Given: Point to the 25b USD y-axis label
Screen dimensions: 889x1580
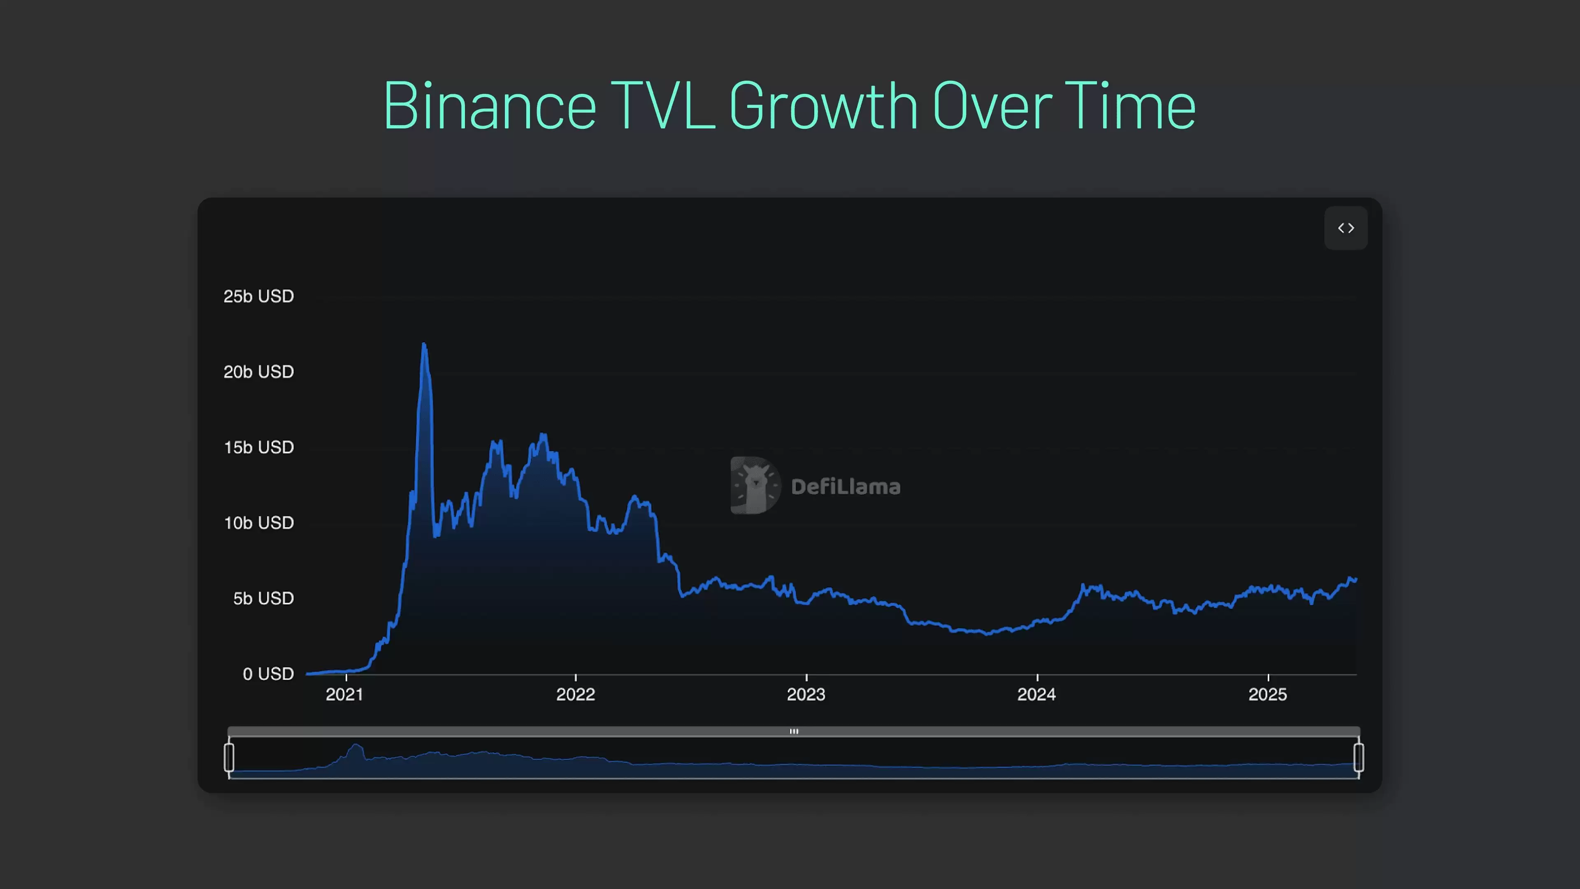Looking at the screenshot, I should [x=258, y=296].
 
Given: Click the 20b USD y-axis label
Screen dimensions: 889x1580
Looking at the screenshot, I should [x=258, y=372].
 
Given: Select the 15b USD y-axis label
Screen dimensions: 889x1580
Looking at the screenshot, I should [x=258, y=447].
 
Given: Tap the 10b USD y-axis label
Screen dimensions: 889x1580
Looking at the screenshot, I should [x=258, y=523].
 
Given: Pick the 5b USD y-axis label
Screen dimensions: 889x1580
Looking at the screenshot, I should [x=263, y=598].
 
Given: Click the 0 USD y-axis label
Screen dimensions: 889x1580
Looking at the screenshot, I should [x=268, y=674].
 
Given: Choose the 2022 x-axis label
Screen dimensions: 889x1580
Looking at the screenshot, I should [x=575, y=694].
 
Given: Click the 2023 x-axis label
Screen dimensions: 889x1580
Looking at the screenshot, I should [x=806, y=694].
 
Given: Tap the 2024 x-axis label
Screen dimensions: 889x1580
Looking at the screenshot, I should [x=1036, y=694].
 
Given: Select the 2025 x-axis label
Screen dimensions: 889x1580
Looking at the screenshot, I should [x=1267, y=694].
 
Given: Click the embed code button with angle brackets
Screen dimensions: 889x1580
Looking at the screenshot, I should [x=1346, y=228].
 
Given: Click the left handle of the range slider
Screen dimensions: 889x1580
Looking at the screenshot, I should [x=229, y=757].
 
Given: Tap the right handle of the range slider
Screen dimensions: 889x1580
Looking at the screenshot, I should [x=1359, y=757].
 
